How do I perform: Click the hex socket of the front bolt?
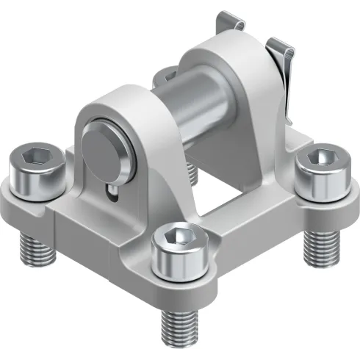179,237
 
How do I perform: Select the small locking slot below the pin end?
111,192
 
